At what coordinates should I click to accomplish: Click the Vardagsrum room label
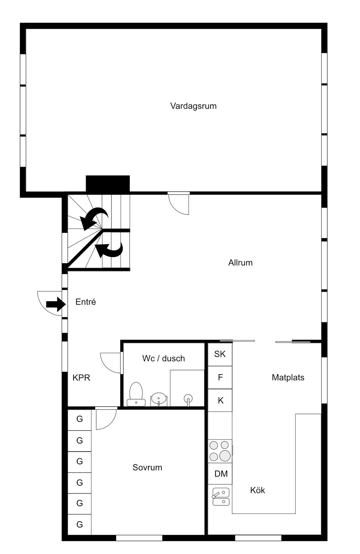coord(193,106)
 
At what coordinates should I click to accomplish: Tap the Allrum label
coord(240,263)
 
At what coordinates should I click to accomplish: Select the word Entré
coord(86,302)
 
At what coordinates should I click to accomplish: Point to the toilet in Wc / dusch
coord(136,394)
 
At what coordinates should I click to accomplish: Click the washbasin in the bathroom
coord(159,400)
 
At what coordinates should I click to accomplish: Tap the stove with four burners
coord(220,451)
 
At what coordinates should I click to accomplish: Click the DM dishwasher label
coord(221,474)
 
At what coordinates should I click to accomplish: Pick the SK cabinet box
coord(220,354)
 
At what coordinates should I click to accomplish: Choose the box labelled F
coord(220,377)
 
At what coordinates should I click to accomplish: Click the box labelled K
coord(220,400)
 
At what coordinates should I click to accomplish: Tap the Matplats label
coord(288,378)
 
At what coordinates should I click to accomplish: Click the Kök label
coord(258,490)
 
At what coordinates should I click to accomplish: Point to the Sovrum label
coord(147,467)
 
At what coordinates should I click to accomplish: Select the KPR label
coord(81,378)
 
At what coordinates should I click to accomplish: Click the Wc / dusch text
coord(163,358)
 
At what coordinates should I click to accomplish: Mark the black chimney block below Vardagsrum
coord(108,184)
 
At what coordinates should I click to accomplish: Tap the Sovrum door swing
coord(105,419)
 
